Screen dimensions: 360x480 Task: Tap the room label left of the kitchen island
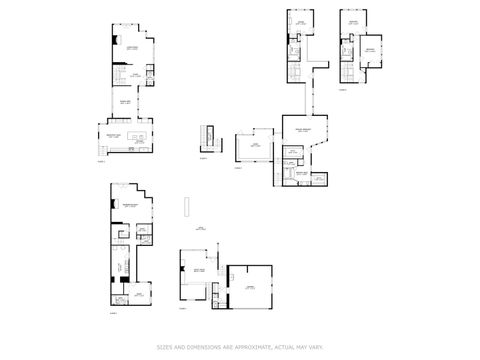coord(112,136)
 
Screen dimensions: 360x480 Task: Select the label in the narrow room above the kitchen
coord(128,101)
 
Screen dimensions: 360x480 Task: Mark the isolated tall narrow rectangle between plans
coord(186,205)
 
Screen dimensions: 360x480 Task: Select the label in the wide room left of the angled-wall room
coord(255,145)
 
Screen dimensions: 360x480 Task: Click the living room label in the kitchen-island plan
coord(131,47)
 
